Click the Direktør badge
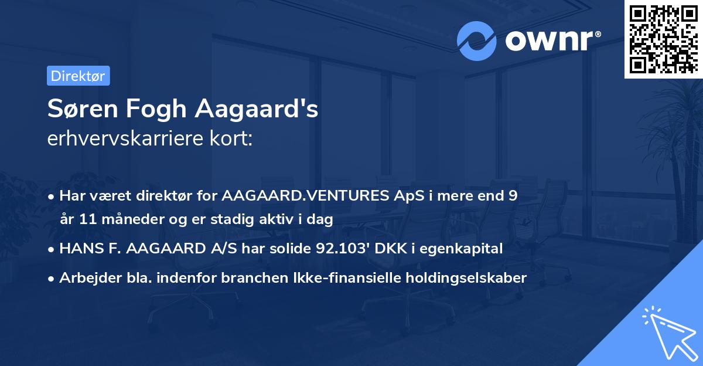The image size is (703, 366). coord(78,76)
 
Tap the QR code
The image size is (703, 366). coord(663,39)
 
